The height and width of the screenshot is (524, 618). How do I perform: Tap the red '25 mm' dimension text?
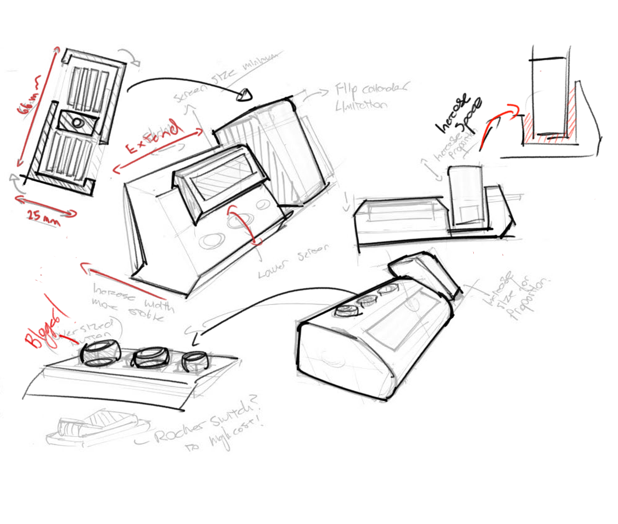tap(43, 217)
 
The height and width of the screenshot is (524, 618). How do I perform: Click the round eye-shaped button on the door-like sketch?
tap(78, 122)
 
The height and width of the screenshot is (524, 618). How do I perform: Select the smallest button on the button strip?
tap(195, 361)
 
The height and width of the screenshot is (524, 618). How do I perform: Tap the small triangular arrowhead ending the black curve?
tap(245, 94)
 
